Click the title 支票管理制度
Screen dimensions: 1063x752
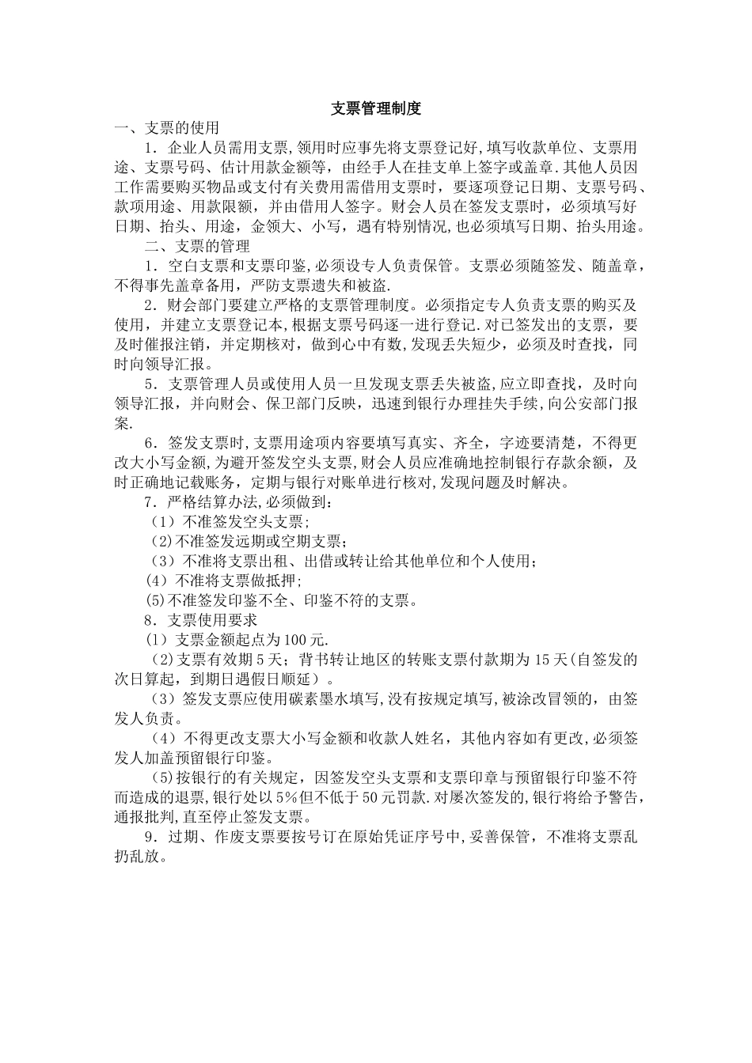click(x=376, y=109)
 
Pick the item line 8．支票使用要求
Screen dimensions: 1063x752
click(x=201, y=620)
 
